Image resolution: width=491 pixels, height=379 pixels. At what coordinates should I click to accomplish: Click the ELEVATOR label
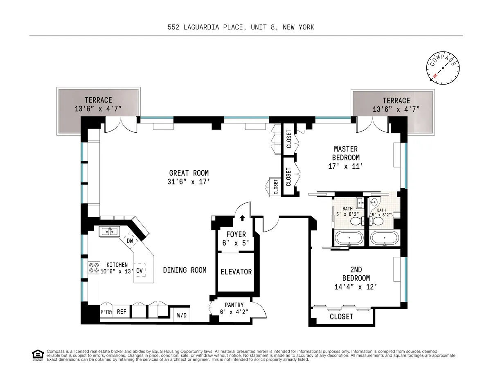pyautogui.click(x=236, y=272)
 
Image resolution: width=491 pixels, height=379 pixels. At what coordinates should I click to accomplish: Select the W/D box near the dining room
pyautogui.click(x=181, y=315)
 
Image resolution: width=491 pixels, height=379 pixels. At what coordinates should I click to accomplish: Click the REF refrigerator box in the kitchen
pyautogui.click(x=122, y=312)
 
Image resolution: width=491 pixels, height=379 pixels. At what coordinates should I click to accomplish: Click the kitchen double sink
pyautogui.click(x=108, y=232)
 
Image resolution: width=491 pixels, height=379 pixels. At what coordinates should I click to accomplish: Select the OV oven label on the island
pyautogui.click(x=140, y=270)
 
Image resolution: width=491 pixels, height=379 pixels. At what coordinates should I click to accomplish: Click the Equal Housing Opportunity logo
pyautogui.click(x=38, y=355)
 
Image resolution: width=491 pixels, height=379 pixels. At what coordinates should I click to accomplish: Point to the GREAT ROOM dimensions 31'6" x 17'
pyautogui.click(x=189, y=182)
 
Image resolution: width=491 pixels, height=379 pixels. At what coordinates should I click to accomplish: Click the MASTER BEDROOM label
pyautogui.click(x=346, y=153)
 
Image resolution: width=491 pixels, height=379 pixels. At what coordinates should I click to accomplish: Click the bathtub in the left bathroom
pyautogui.click(x=349, y=238)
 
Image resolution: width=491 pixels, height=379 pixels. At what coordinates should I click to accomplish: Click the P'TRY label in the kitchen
pyautogui.click(x=106, y=312)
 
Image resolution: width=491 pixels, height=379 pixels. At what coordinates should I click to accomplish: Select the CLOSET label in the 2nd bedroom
pyautogui.click(x=341, y=317)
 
